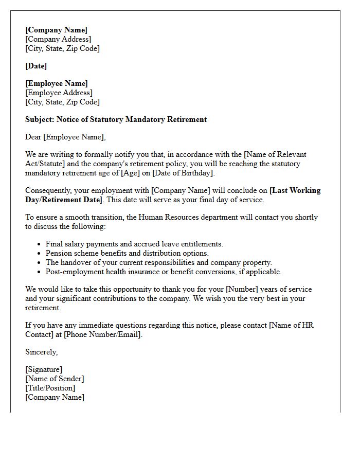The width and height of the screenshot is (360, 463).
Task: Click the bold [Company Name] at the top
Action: tap(56, 30)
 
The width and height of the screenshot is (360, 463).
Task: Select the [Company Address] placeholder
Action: tap(58, 39)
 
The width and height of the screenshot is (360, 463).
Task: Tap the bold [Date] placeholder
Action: tap(36, 66)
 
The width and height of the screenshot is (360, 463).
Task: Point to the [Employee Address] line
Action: tap(59, 93)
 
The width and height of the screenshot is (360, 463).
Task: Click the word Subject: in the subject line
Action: tap(41, 119)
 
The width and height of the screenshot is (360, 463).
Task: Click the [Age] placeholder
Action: tap(131, 173)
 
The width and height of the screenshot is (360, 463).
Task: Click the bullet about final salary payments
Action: tap(134, 244)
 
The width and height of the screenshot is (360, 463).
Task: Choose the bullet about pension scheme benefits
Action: tap(127, 253)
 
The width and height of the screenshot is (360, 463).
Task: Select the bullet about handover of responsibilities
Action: tap(158, 262)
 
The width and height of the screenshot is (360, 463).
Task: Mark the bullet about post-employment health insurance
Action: tap(164, 272)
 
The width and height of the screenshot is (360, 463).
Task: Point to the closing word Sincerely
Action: tap(41, 352)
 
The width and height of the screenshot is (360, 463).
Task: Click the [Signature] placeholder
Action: tap(44, 369)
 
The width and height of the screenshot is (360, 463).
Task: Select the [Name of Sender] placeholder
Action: tap(55, 379)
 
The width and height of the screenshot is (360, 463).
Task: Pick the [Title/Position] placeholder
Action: tap(50, 388)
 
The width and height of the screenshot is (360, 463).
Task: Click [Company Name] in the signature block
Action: tap(55, 397)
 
